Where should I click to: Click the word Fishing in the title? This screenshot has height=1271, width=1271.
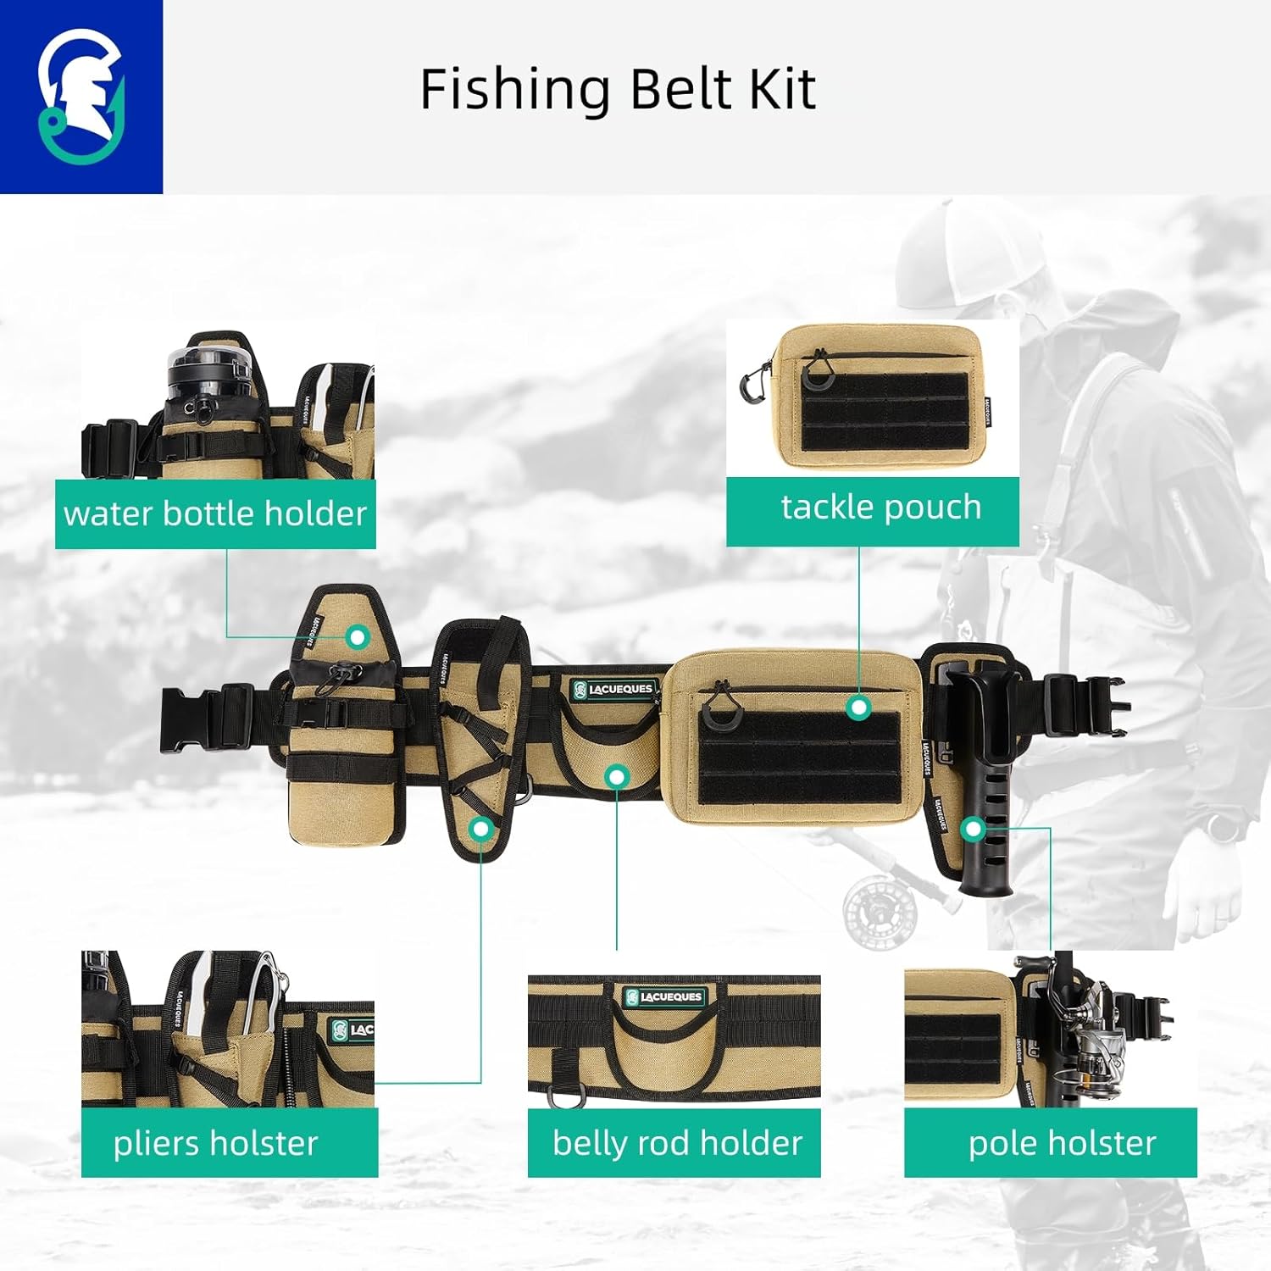pos(514,89)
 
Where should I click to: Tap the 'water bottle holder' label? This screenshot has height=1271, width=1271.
pos(215,513)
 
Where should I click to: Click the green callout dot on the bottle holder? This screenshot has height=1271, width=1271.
pos(358,636)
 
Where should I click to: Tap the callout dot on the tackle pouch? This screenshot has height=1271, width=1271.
pos(859,707)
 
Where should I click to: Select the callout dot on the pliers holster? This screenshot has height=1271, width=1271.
pos(482,829)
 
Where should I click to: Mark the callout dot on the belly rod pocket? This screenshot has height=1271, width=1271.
pos(618,775)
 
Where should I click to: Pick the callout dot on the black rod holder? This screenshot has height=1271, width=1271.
pos(974,829)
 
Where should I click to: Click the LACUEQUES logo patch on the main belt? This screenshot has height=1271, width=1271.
pos(613,690)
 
